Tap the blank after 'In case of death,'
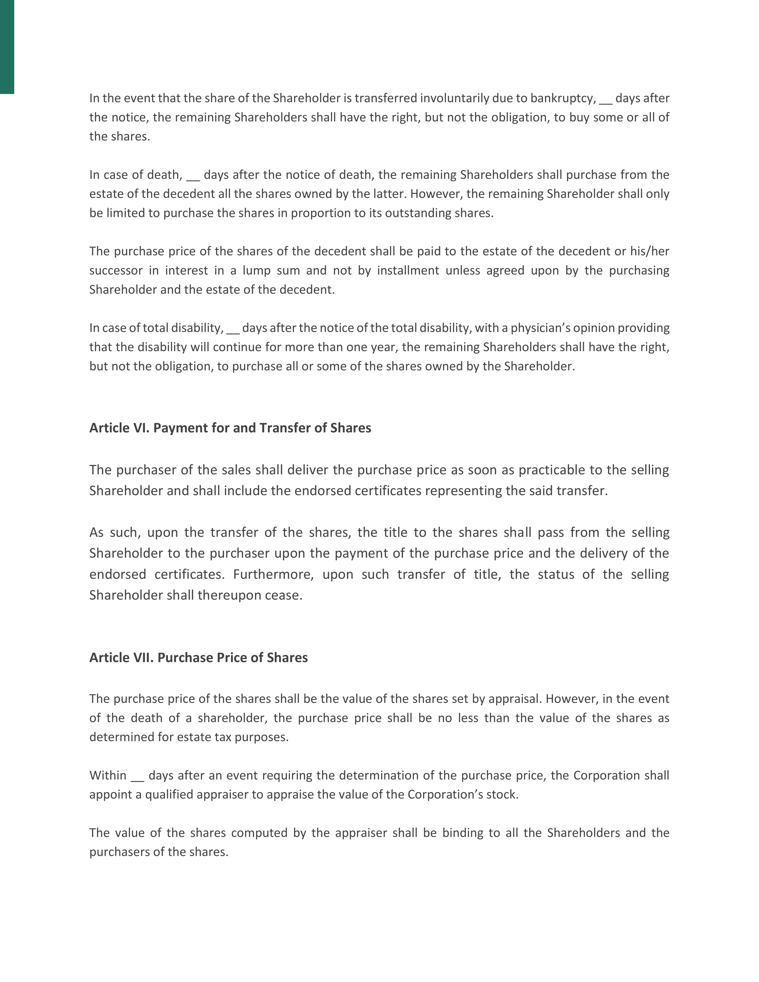pos(193,175)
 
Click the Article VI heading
pos(230,428)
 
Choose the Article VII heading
pos(198,658)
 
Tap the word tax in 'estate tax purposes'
pos(224,737)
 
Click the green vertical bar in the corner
pos(7,47)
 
